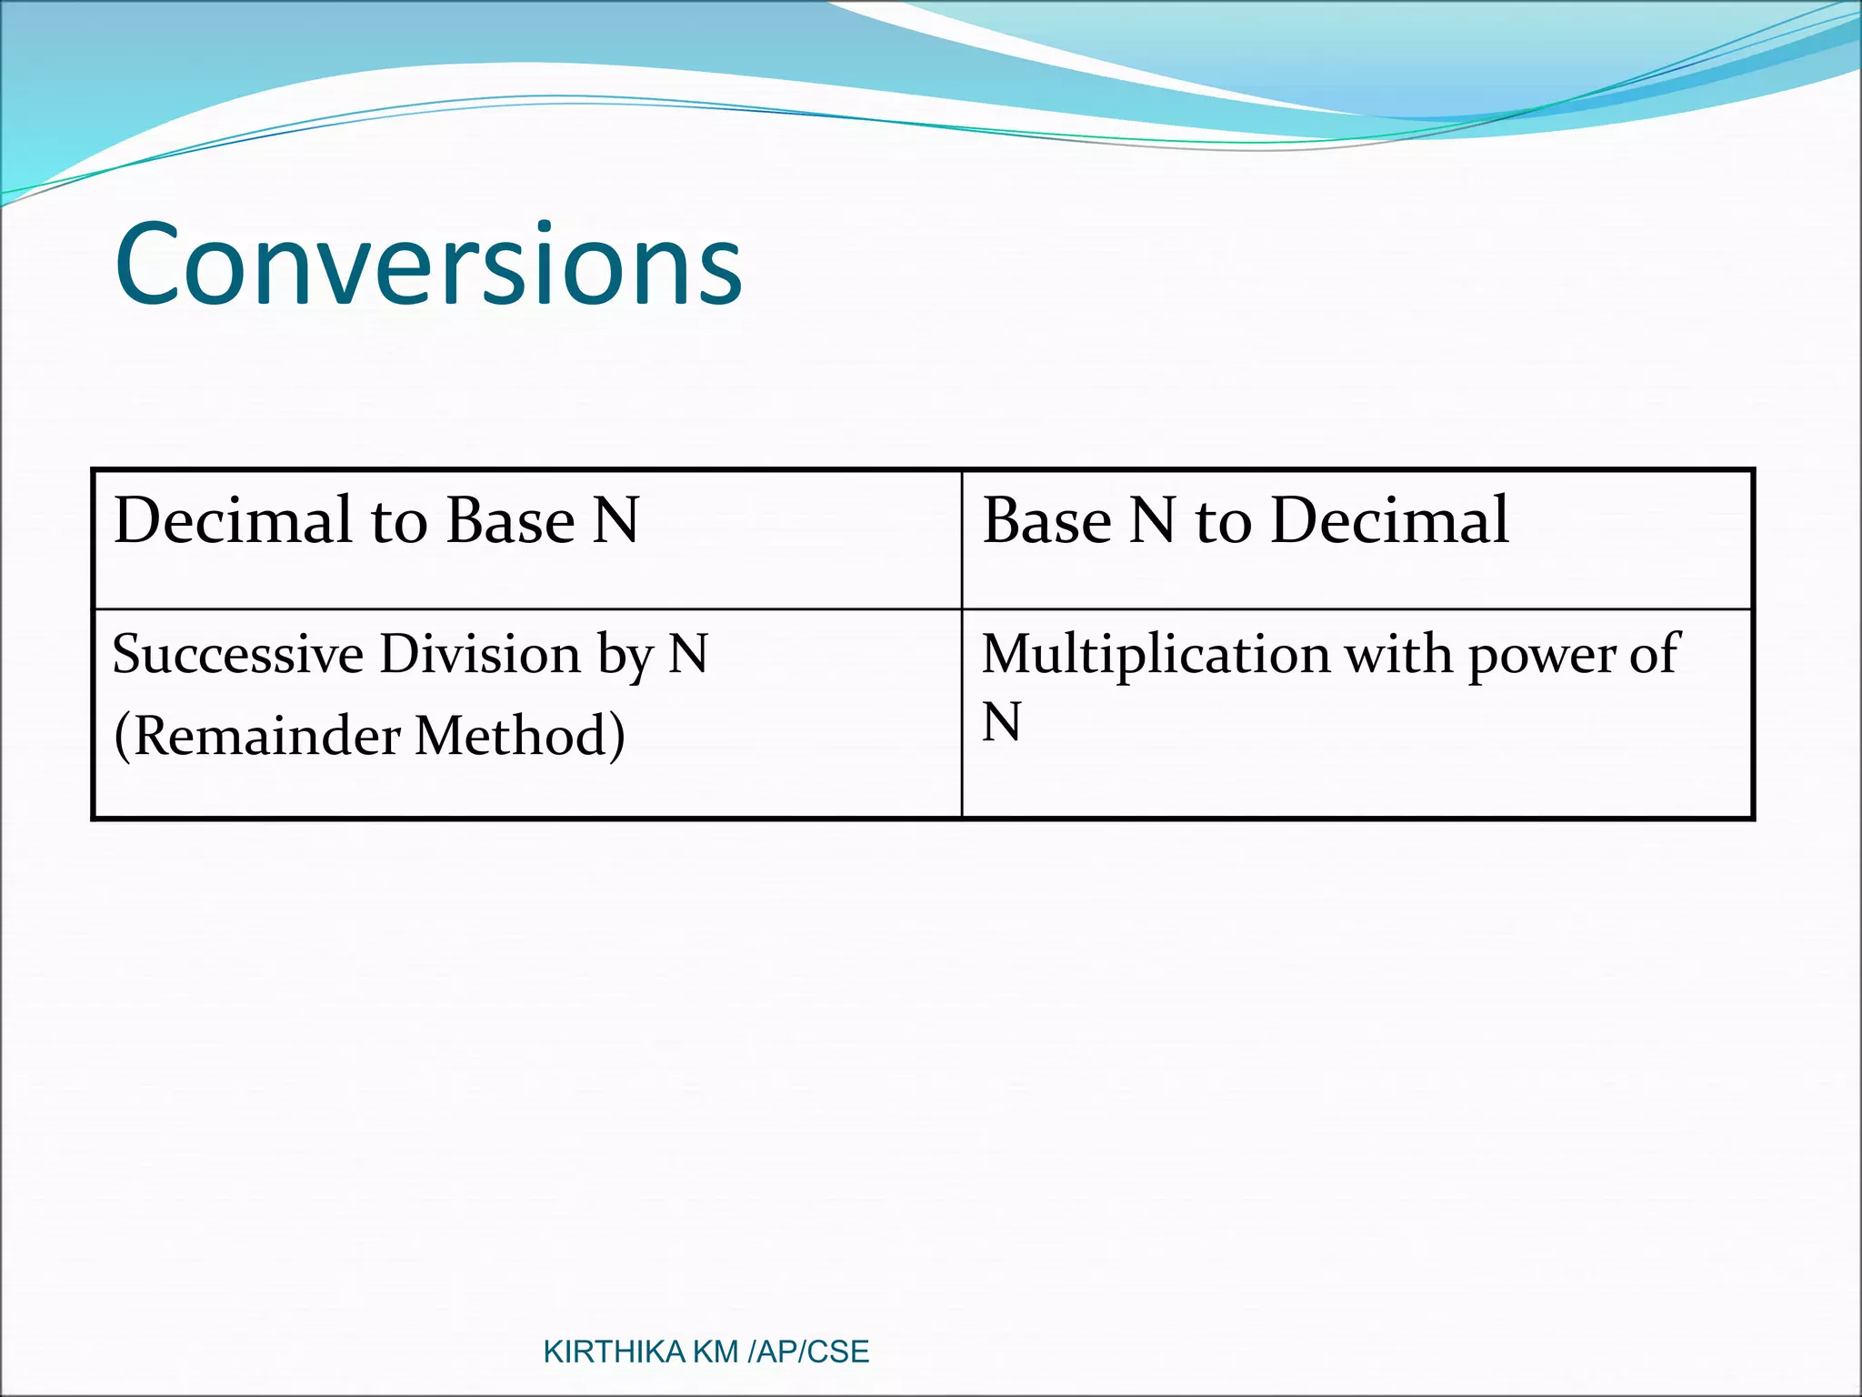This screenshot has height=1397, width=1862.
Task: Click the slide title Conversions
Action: coord(428,266)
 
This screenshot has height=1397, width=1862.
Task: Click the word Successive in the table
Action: coord(237,655)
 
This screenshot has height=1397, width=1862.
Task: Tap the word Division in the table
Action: coord(479,655)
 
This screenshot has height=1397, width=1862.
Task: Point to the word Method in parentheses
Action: coord(519,737)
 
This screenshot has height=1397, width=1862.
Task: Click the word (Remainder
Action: coord(255,737)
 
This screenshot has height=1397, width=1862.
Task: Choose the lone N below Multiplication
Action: coord(1001,723)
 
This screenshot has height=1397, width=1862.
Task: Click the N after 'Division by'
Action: coord(688,655)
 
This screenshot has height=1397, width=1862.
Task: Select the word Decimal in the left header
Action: coord(233,521)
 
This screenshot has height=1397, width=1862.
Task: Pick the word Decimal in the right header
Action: coord(1388,521)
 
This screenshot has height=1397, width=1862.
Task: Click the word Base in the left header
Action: coord(510,521)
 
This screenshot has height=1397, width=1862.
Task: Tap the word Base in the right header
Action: coord(1046,521)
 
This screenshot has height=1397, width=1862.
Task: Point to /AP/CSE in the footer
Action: coord(807,1352)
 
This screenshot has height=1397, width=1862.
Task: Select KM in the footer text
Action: coord(716,1352)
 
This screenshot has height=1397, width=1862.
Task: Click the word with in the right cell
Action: coord(1397,655)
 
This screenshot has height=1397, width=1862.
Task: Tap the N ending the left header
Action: coord(616,521)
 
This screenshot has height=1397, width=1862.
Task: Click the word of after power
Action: coord(1652,655)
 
